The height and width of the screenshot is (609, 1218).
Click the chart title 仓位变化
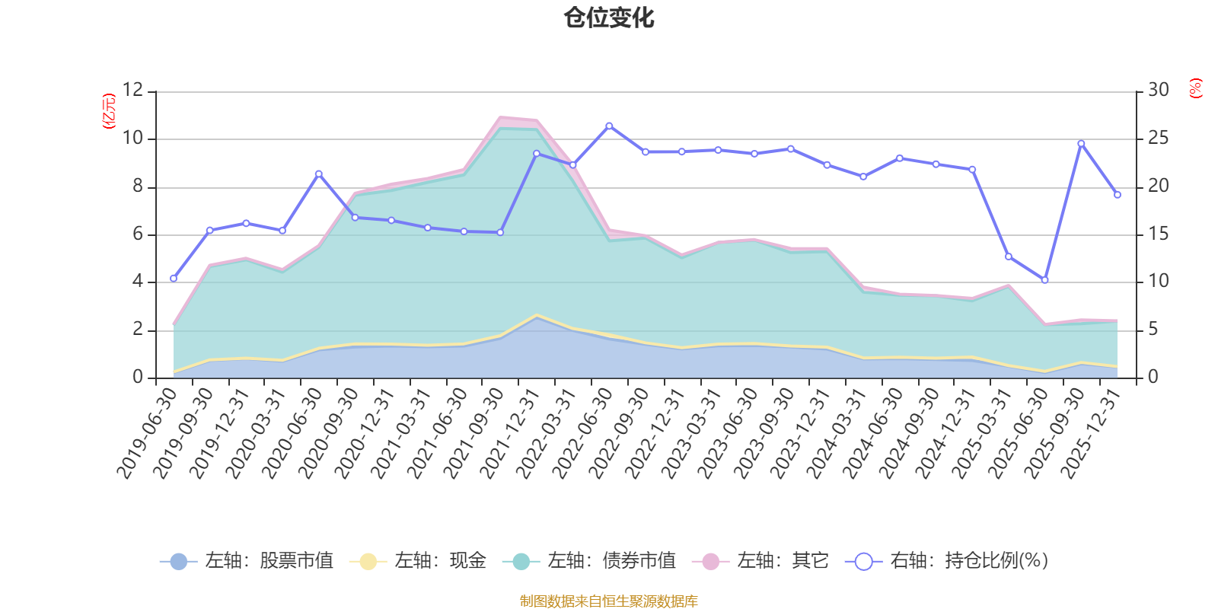click(609, 18)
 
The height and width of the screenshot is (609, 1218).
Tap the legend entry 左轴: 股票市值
click(247, 561)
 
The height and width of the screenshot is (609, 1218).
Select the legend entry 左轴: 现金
click(418, 561)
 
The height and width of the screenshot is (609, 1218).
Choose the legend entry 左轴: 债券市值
click(589, 561)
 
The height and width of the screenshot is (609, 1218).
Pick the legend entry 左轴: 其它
click(760, 561)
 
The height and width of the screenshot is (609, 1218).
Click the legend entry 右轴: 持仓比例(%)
click(947, 561)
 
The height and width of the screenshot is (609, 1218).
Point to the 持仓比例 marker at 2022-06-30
click(609, 126)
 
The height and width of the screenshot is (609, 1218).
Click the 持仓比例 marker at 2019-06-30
click(174, 279)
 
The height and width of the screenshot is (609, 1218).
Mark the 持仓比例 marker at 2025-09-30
click(1081, 143)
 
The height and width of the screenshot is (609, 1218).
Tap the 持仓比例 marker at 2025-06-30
click(1044, 280)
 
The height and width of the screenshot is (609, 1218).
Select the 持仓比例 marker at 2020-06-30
click(318, 174)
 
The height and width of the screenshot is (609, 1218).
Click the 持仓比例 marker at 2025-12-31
click(1118, 195)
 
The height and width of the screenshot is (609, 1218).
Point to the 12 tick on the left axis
click(132, 90)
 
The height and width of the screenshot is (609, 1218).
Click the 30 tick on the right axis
click(1158, 90)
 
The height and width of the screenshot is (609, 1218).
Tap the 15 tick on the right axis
click(1158, 234)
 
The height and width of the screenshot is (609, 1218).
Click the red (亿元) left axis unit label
click(109, 111)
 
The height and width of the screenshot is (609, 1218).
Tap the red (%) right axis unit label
click(1196, 88)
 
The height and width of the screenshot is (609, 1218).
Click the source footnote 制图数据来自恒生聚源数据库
click(609, 601)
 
